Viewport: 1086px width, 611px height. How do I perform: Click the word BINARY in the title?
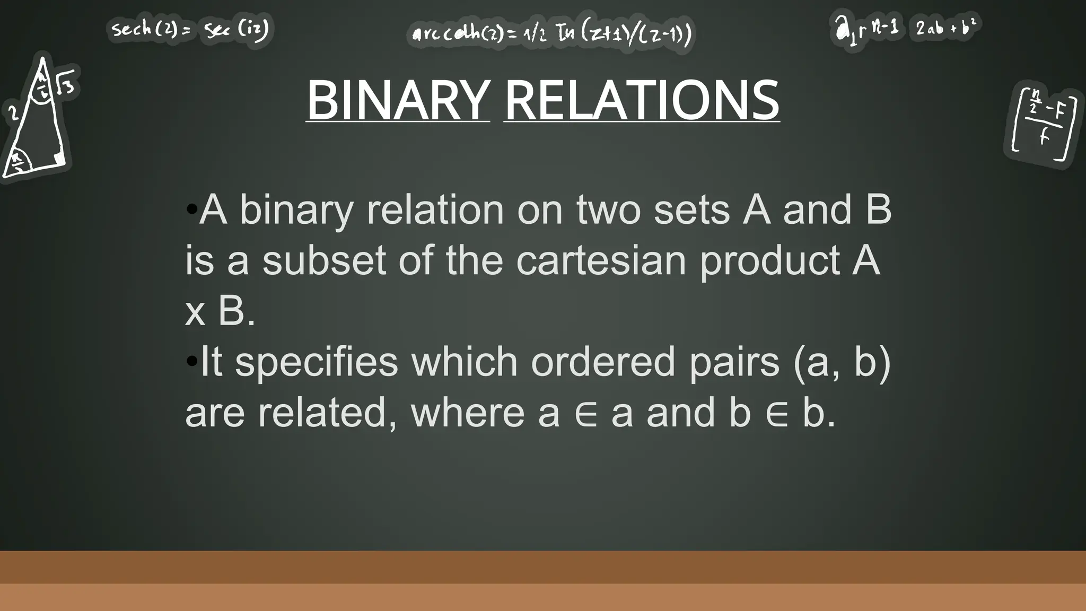[x=398, y=100]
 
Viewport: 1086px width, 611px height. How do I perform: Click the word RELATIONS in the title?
[x=642, y=100]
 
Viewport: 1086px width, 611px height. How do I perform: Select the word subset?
[x=324, y=260]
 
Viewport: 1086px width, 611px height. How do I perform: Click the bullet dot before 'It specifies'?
[x=191, y=361]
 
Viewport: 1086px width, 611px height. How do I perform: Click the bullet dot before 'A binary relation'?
[x=191, y=208]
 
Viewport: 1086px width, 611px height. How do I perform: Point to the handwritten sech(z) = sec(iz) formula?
[x=190, y=29]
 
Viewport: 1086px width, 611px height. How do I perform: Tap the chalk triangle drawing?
[x=37, y=122]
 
